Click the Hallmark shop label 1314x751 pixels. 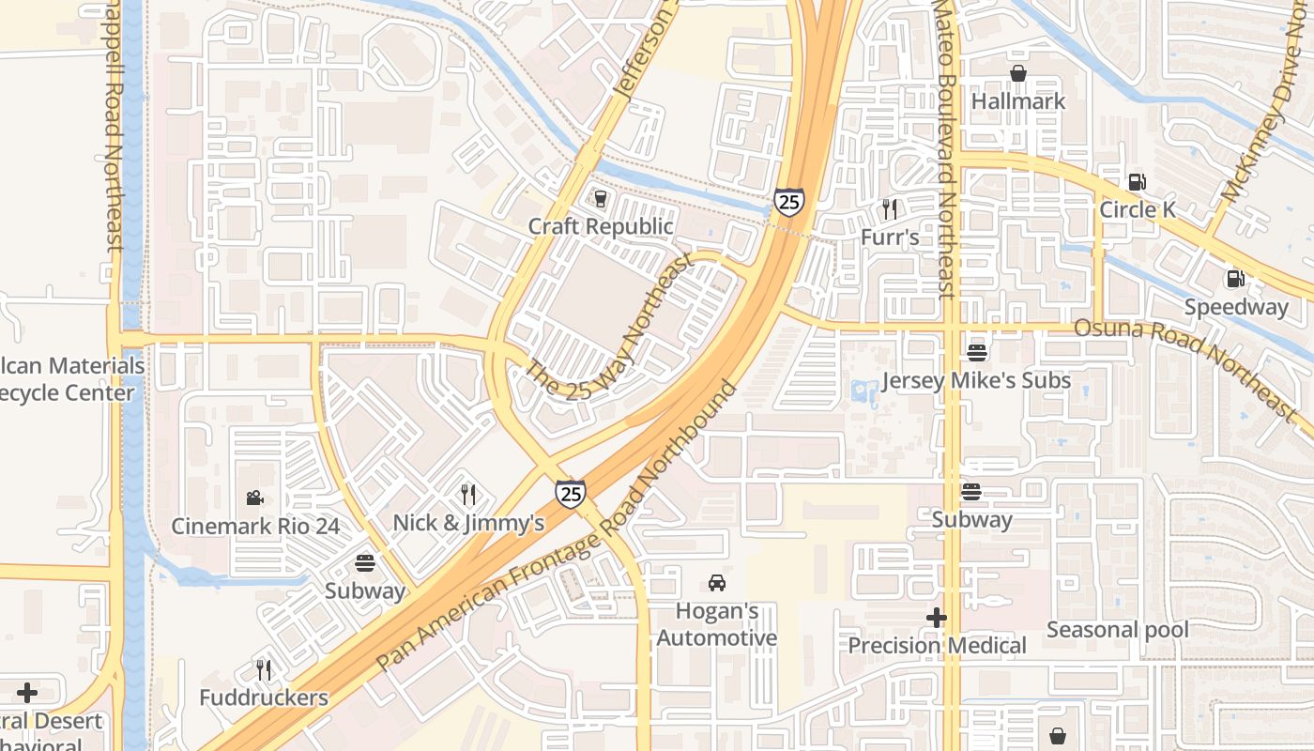(1018, 100)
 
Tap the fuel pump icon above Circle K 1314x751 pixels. (1137, 181)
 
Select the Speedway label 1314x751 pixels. (1236, 307)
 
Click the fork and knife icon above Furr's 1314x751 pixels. (890, 208)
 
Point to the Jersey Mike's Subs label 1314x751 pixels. (976, 381)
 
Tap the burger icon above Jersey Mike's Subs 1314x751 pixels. (977, 353)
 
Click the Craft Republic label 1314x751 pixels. (601, 226)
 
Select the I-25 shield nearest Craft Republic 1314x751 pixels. (788, 201)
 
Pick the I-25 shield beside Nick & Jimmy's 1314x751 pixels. (570, 493)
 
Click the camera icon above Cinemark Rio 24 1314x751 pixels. (254, 498)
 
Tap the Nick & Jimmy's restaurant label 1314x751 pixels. (468, 523)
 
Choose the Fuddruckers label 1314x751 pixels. (264, 697)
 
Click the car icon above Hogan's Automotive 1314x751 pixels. (717, 583)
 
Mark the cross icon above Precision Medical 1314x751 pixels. (937, 618)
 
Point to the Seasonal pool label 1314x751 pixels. (1117, 630)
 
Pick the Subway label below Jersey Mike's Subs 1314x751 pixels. (971, 519)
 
